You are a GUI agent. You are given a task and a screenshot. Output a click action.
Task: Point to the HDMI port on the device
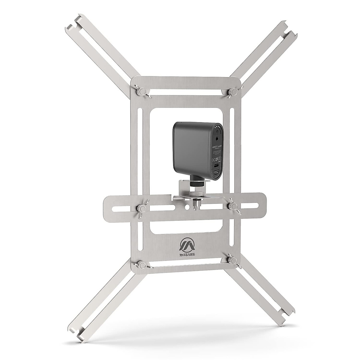click(x=216, y=174)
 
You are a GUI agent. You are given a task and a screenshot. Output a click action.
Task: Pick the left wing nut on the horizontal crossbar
click(x=140, y=208)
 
